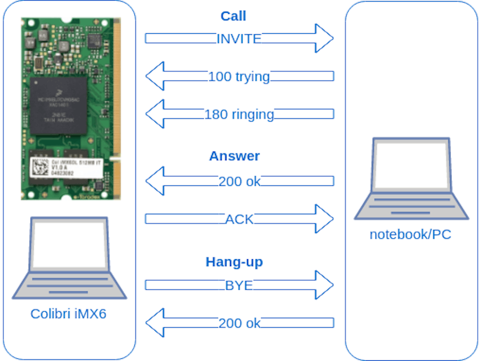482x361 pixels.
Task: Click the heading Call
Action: click(233, 16)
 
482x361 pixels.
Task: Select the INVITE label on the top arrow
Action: click(239, 39)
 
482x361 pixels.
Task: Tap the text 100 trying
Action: click(239, 77)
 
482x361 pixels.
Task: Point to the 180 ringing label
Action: click(239, 114)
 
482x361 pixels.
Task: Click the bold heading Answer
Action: click(234, 156)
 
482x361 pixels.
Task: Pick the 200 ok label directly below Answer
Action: click(239, 182)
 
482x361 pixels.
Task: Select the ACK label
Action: click(239, 219)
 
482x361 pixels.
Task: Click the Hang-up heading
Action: click(234, 262)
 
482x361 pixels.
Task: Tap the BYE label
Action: click(239, 285)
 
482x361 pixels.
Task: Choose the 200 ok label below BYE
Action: click(239, 323)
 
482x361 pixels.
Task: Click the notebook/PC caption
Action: click(410, 235)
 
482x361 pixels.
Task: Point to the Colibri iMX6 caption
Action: click(69, 313)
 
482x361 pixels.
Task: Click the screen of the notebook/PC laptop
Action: click(411, 166)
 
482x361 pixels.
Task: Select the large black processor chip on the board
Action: click(58, 105)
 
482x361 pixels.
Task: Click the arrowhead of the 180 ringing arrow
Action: click(156, 114)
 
